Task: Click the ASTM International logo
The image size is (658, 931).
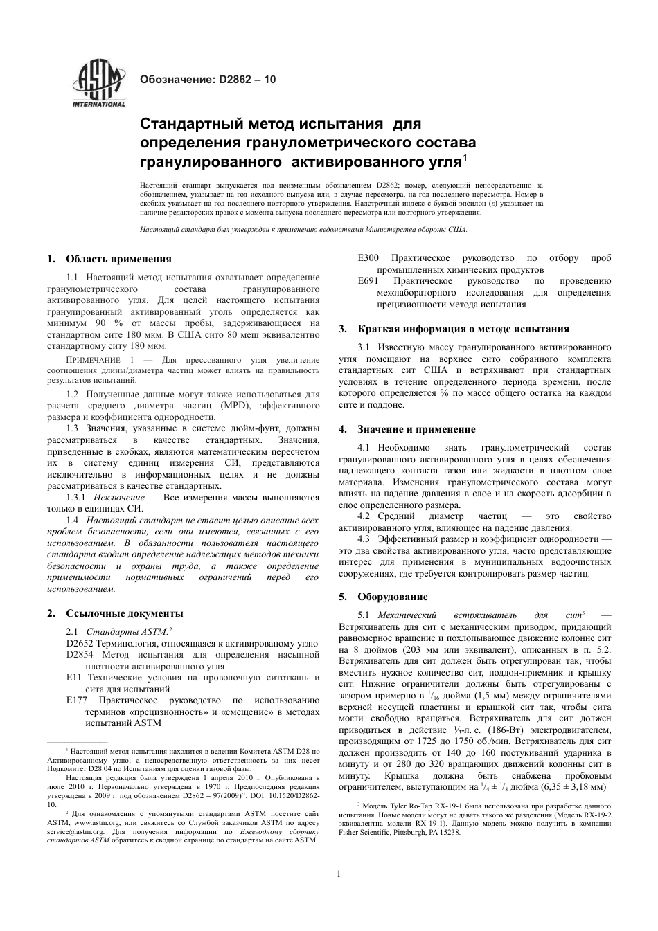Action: point(99,85)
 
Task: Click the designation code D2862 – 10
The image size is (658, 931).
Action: point(247,80)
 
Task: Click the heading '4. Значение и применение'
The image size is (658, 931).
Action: point(416,429)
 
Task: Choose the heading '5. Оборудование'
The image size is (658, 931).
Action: point(392,597)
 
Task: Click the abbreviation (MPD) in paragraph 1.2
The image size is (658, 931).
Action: point(233,406)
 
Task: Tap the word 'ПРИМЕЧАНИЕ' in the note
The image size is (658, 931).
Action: point(93,361)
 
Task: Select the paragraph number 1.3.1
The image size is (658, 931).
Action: point(78,498)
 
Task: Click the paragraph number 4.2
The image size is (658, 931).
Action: point(367,516)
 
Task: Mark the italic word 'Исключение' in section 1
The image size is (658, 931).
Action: point(119,498)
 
